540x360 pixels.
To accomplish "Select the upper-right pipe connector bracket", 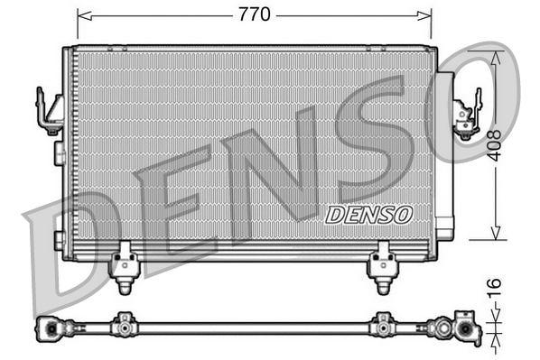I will [x=468, y=115].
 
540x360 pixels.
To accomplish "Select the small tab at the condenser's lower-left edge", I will [x=59, y=239].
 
